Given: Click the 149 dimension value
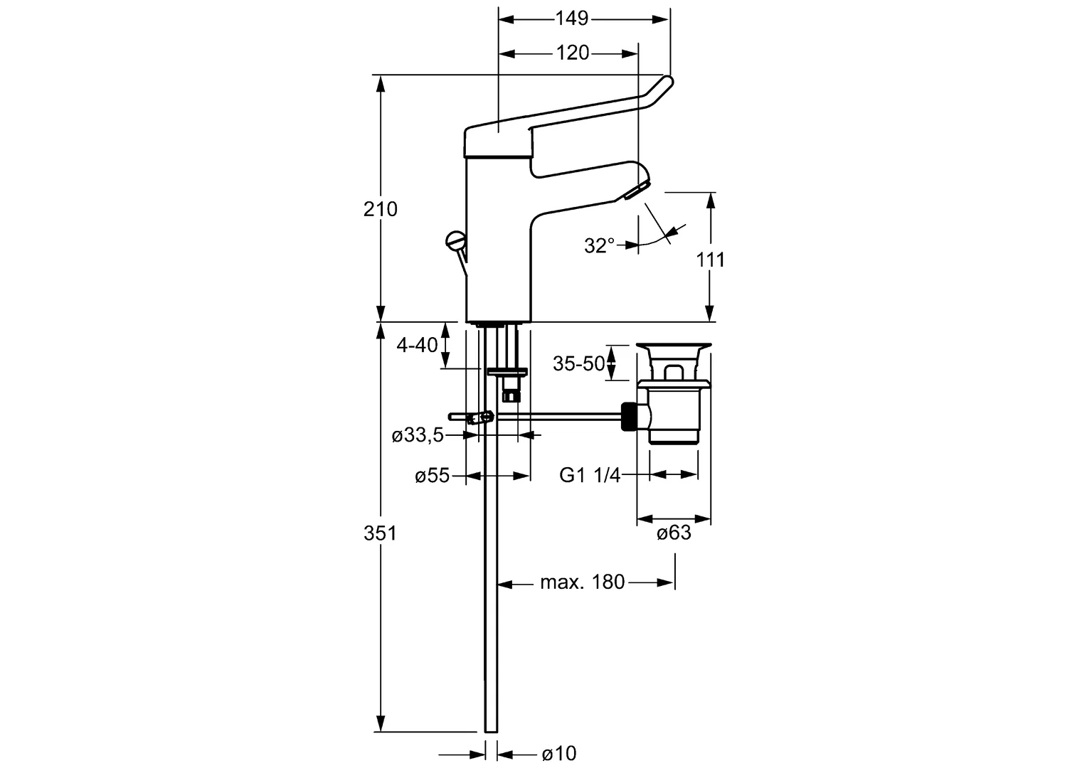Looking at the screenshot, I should (x=572, y=18).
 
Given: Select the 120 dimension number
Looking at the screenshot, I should (x=573, y=53).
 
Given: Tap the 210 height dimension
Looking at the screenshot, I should (x=381, y=209).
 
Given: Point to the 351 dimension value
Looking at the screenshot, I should (x=380, y=533).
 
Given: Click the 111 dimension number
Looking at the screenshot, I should (x=710, y=260).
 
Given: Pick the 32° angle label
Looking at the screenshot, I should (x=599, y=246).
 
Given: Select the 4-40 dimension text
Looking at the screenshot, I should (x=417, y=346).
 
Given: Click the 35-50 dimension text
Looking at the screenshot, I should (x=578, y=364).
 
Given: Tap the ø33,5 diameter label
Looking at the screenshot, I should (x=418, y=435).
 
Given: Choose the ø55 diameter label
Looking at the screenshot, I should (x=432, y=476).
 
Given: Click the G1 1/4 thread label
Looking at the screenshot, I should (x=590, y=475).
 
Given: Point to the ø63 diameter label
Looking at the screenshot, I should (x=673, y=533).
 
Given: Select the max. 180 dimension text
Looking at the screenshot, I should (x=582, y=582).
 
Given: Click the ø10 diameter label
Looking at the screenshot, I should (x=558, y=753).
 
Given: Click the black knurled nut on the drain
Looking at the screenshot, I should (x=629, y=417).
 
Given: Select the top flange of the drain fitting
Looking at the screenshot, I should (x=672, y=348).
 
